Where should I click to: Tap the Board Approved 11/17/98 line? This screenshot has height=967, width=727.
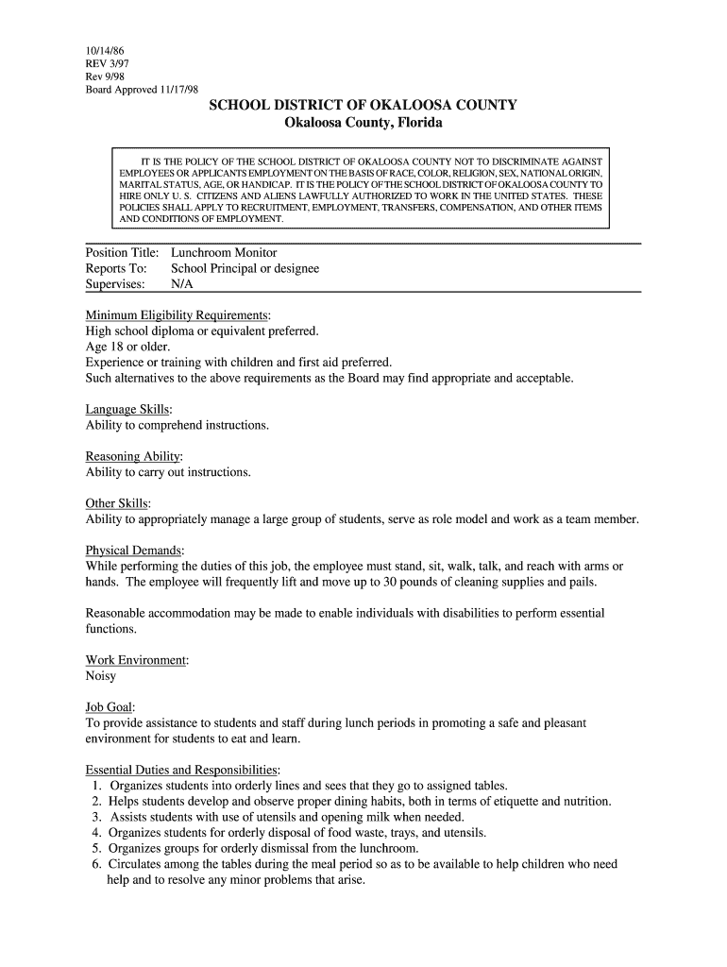click(x=142, y=90)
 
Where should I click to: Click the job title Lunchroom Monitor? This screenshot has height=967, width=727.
click(x=224, y=253)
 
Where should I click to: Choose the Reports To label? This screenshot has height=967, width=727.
click(x=116, y=268)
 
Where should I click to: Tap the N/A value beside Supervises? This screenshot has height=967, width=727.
click(x=181, y=283)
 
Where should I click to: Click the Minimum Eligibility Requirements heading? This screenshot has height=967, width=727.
click(x=178, y=314)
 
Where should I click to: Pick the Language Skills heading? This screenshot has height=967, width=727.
click(x=128, y=410)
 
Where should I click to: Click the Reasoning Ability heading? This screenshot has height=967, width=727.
click(x=133, y=457)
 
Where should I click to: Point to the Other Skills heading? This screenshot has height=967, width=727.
click(x=117, y=503)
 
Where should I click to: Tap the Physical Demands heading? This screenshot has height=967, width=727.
click(x=134, y=551)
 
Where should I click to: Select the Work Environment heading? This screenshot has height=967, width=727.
click(x=136, y=660)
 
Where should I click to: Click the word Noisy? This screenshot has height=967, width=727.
click(x=101, y=676)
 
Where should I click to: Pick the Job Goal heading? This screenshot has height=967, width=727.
click(x=110, y=707)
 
